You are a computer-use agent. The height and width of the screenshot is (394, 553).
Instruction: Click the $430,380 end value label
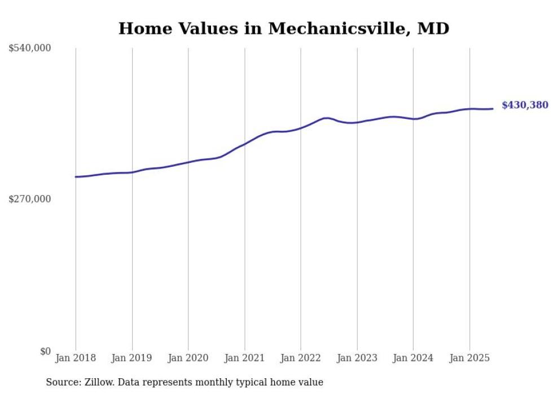click(x=524, y=105)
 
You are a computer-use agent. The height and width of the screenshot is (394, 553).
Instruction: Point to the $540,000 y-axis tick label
click(x=30, y=48)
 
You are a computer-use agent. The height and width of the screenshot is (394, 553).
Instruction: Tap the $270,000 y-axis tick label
click(x=30, y=199)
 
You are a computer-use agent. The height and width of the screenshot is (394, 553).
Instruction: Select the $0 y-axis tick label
click(x=45, y=351)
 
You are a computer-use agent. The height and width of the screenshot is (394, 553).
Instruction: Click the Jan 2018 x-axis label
click(x=76, y=358)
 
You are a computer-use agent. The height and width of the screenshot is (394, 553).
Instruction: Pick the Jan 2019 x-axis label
click(x=132, y=358)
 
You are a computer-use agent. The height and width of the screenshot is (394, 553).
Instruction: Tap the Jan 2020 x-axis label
click(x=188, y=358)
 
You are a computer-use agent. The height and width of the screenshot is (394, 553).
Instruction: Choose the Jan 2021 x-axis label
click(x=244, y=358)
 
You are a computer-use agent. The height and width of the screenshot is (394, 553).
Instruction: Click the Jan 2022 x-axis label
click(x=301, y=358)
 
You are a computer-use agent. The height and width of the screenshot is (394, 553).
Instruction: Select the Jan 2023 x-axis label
click(x=357, y=358)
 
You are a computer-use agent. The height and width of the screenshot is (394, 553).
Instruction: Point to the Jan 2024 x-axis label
click(x=413, y=358)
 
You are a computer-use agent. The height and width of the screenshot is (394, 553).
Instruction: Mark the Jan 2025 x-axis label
click(x=469, y=358)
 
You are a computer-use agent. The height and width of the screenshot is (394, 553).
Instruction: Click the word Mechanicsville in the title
click(x=339, y=29)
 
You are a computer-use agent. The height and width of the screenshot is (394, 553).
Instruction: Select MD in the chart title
click(x=433, y=29)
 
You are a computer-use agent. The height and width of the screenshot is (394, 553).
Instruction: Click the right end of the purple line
click(x=493, y=109)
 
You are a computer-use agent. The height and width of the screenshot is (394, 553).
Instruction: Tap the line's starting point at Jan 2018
click(x=76, y=177)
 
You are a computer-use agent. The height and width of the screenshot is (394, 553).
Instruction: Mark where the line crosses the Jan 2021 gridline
click(x=244, y=143)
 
